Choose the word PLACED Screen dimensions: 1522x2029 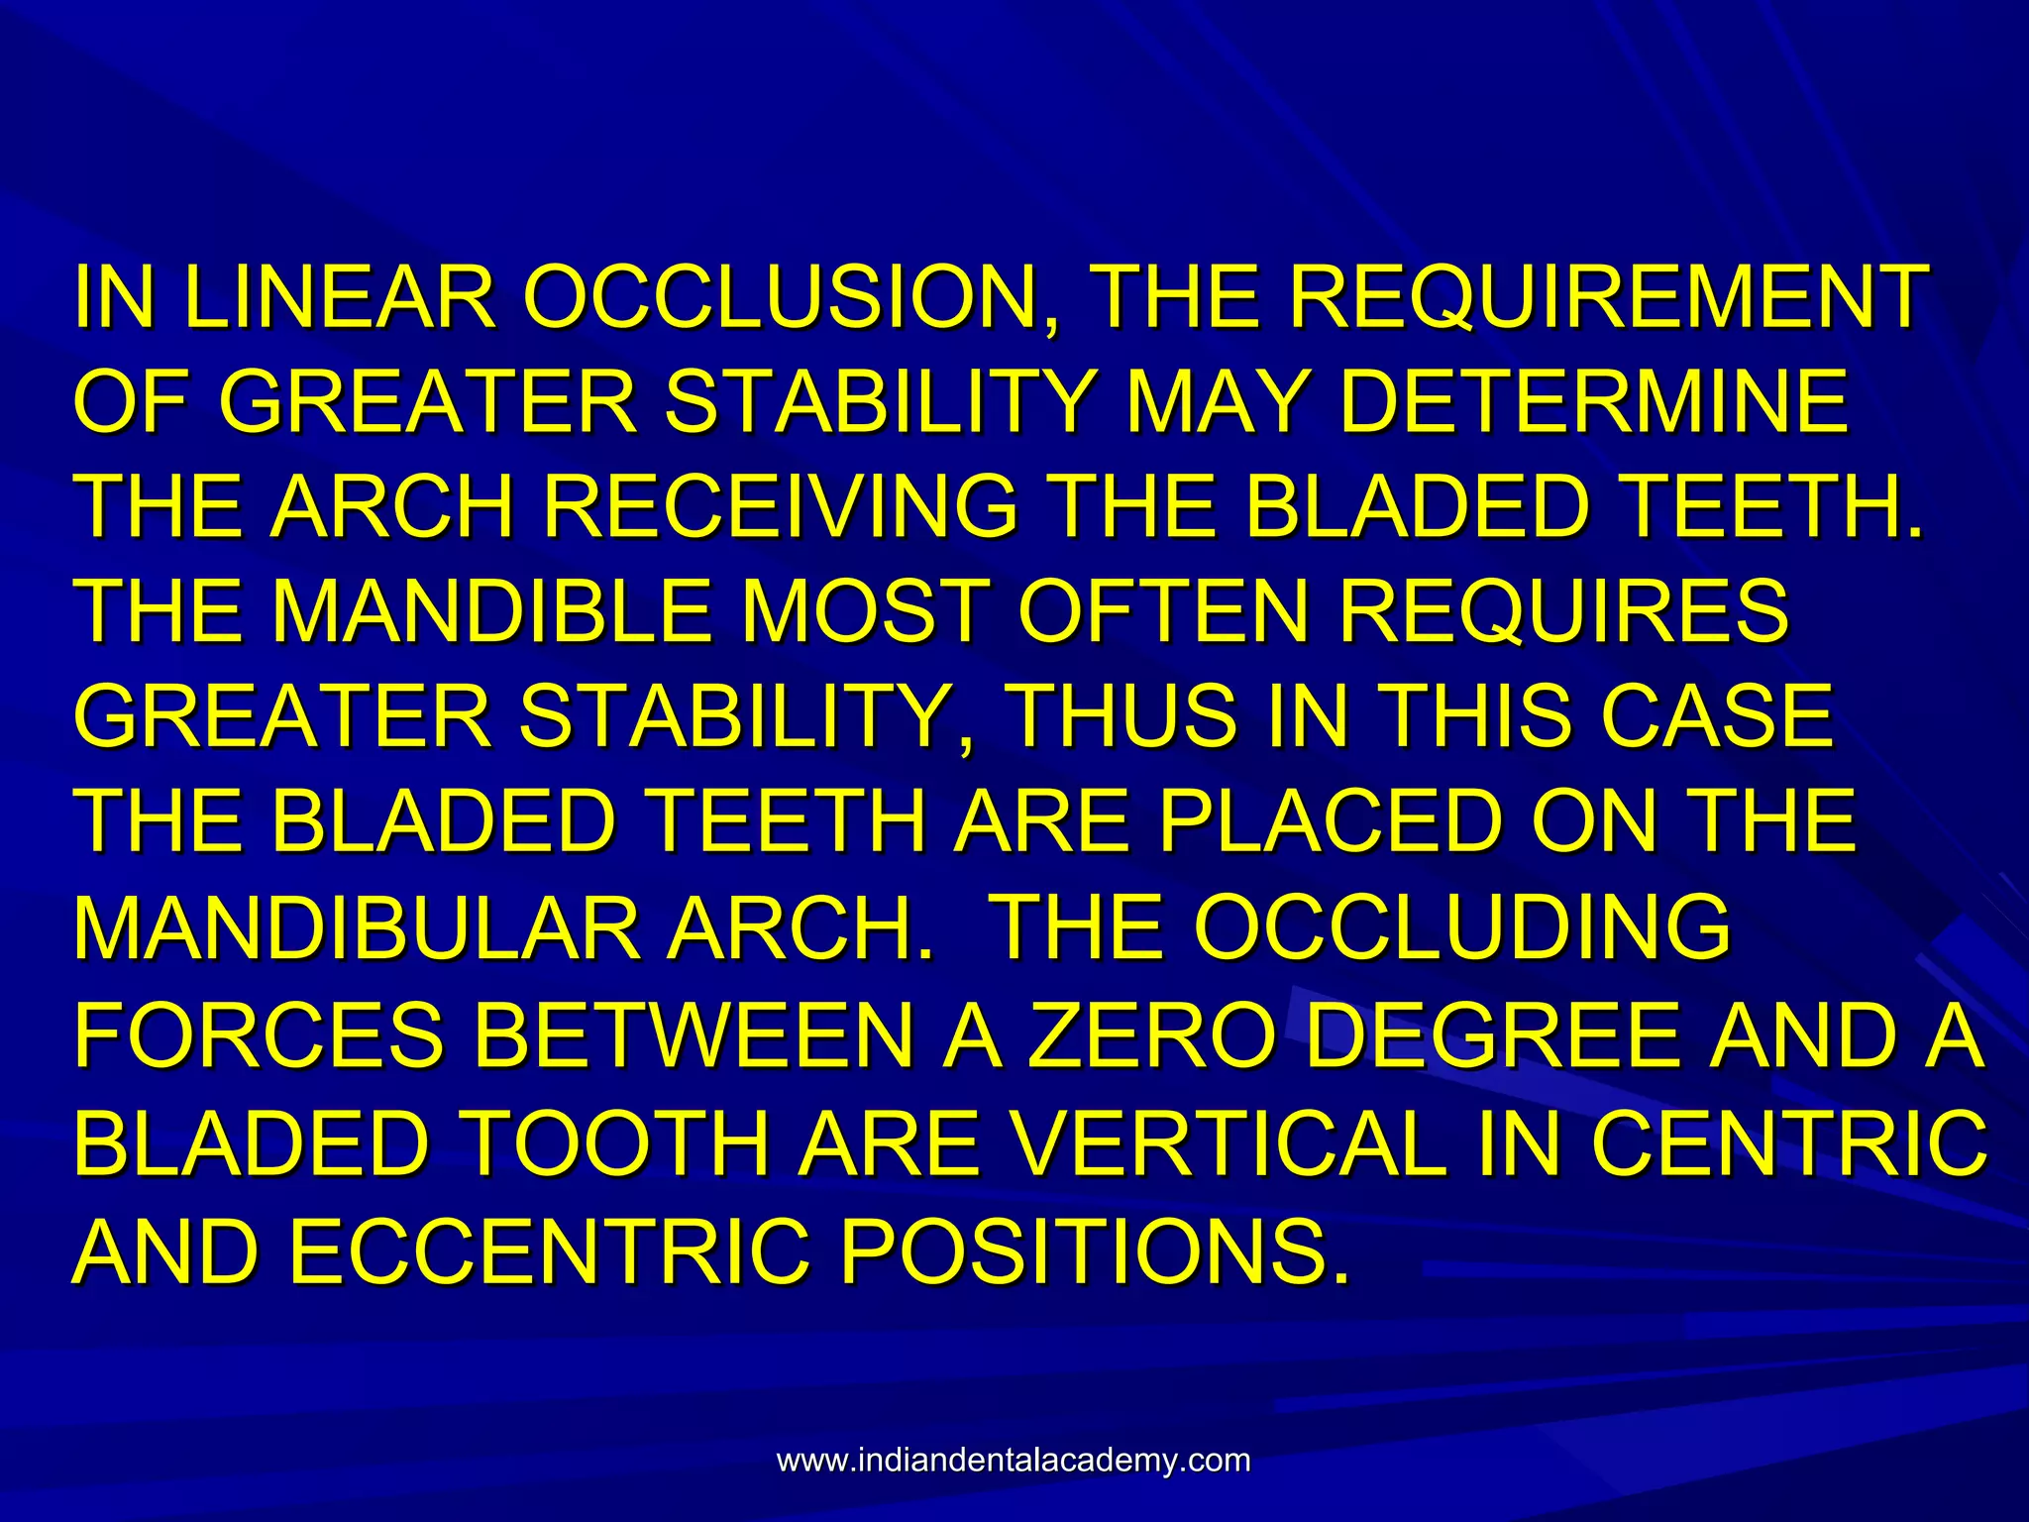tap(1325, 821)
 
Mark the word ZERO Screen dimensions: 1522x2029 tap(1150, 1034)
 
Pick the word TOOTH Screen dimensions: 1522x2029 tap(616, 1142)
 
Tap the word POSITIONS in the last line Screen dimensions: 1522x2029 tap(1096, 1250)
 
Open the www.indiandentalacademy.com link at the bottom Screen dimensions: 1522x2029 tap(1014, 1461)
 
